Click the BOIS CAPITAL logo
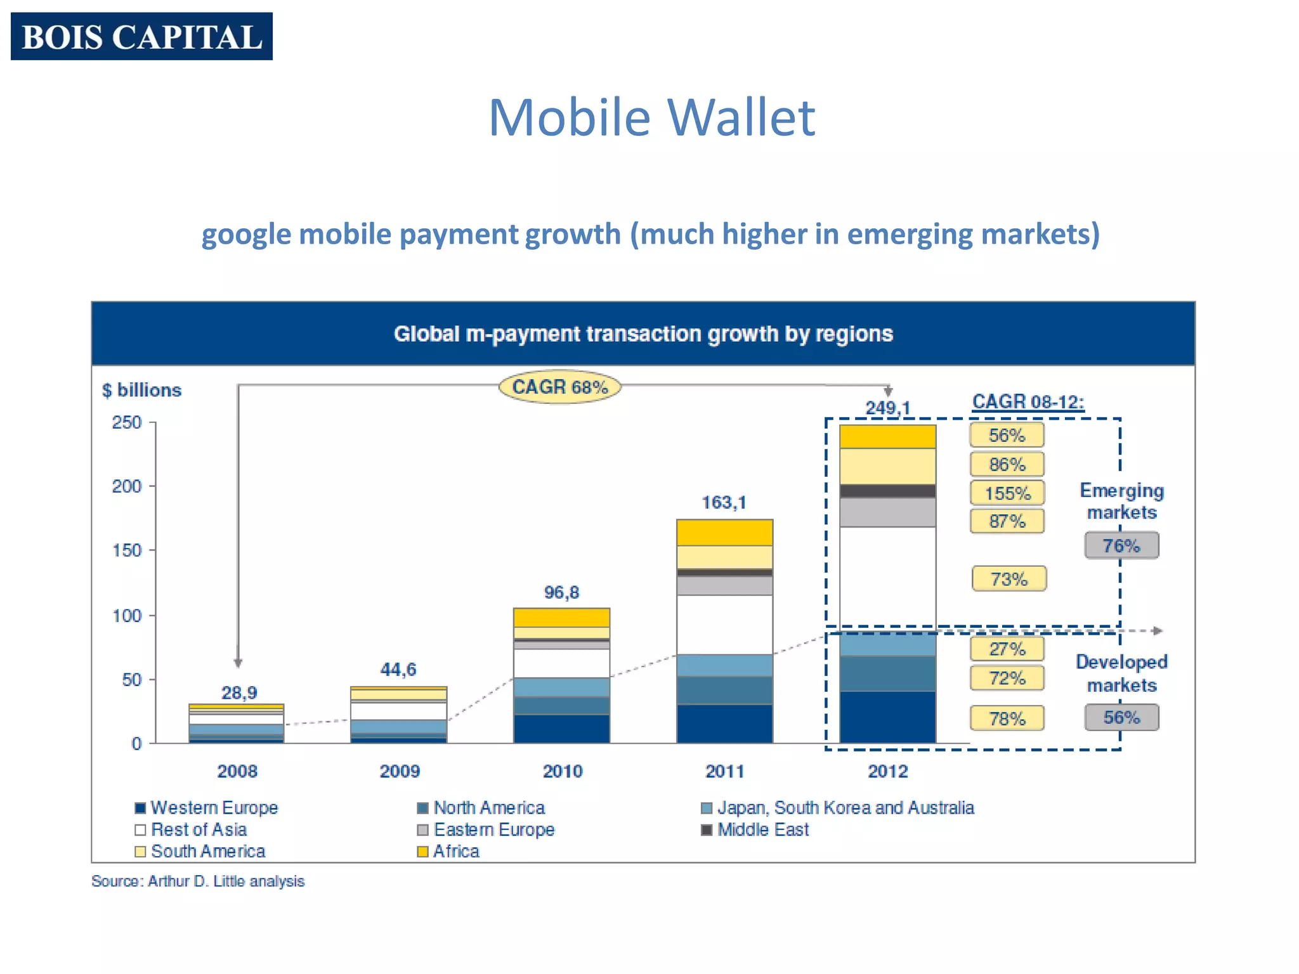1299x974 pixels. pos(141,36)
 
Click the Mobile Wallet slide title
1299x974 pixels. pos(651,117)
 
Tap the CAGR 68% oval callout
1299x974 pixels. pos(559,387)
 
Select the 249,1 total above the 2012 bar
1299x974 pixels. pos(887,408)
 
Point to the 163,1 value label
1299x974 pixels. pos(724,503)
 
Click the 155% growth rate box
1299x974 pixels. pos(1007,493)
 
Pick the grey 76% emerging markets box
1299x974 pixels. pos(1121,545)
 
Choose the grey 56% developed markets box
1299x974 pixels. pos(1121,717)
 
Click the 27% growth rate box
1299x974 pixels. pos(1007,649)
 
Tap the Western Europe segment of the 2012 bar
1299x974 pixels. pos(887,717)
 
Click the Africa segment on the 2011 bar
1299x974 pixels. pos(724,533)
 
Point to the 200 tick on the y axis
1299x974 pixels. pos(127,486)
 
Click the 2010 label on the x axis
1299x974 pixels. pos(562,771)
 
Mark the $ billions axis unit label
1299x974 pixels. pos(141,390)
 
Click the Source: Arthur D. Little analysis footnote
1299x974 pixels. pos(198,881)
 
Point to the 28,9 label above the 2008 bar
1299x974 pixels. pos(239,692)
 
